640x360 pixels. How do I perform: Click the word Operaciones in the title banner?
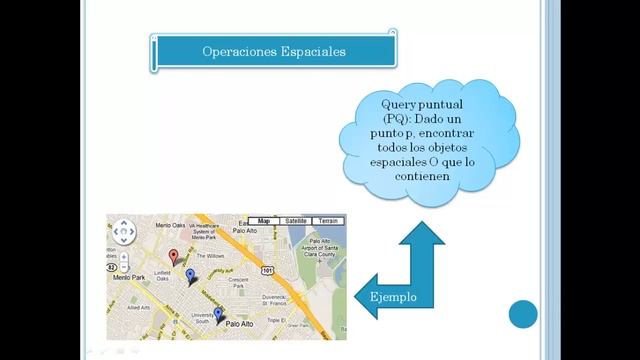237,51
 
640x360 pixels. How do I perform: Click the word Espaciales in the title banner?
309,51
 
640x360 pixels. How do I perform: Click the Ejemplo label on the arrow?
394,298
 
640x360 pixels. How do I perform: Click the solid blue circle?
523,314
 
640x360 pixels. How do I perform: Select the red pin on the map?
173,257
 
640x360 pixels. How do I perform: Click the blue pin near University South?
219,315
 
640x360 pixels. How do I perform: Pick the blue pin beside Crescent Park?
191,275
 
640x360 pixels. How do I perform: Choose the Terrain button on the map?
328,221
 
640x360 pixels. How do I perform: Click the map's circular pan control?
123,233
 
